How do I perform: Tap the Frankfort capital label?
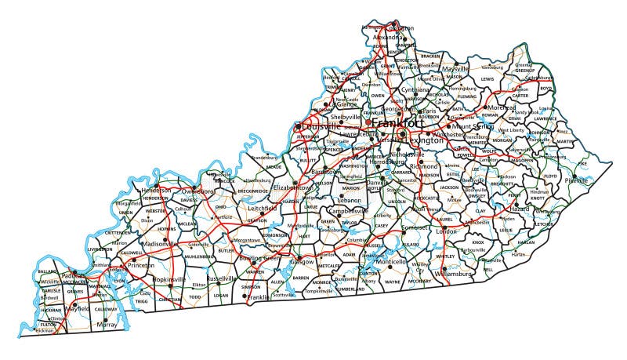point(398,123)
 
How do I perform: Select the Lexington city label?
point(432,140)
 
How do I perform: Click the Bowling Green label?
point(259,258)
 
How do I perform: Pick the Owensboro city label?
point(194,191)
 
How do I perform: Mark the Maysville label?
point(455,69)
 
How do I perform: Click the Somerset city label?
point(415,227)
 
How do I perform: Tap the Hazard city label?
point(520,210)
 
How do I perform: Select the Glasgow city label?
point(302,261)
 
